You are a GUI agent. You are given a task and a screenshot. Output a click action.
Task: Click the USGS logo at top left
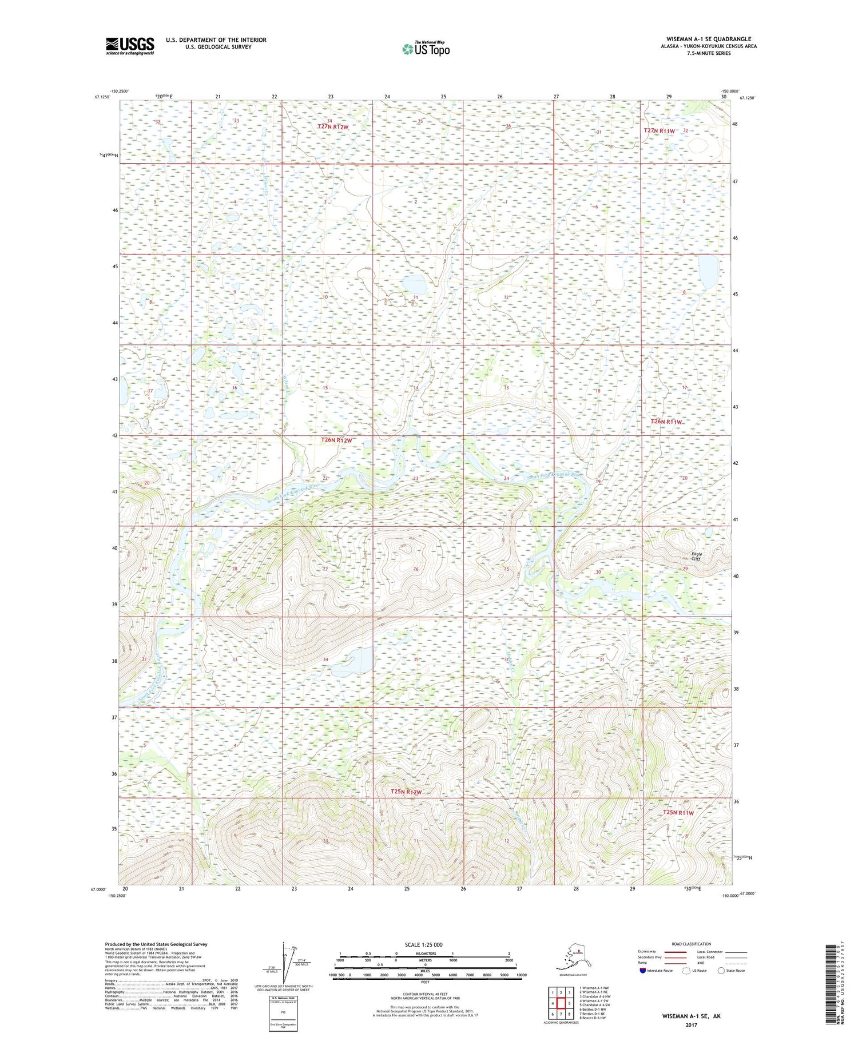click(x=130, y=46)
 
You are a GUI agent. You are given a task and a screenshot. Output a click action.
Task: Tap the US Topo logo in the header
click(x=426, y=49)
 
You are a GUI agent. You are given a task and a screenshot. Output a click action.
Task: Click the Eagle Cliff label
click(x=696, y=556)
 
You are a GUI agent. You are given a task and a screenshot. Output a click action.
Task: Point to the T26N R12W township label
click(x=336, y=440)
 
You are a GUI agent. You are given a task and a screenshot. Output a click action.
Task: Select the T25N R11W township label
click(x=678, y=813)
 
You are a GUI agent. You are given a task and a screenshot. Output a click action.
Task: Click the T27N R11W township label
click(x=660, y=131)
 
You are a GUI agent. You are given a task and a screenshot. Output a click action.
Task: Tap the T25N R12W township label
click(x=406, y=792)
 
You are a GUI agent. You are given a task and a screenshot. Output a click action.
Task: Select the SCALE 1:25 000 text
click(x=424, y=944)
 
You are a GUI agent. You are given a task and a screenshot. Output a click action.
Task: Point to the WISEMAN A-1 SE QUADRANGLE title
click(x=708, y=39)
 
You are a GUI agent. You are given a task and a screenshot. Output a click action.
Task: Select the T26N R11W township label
click(x=667, y=422)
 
